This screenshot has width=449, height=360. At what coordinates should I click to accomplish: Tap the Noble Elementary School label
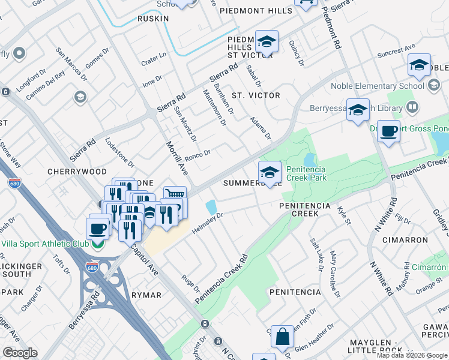tap(378, 86)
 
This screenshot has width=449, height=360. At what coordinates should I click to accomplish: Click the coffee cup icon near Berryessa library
tap(389, 131)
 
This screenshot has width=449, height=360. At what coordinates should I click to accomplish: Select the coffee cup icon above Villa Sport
tap(98, 229)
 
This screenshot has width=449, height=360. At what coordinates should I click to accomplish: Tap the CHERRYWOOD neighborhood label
tap(77, 171)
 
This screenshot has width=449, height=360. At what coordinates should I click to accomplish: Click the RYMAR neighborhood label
tap(146, 295)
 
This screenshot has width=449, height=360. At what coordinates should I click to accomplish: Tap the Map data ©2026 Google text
tap(412, 355)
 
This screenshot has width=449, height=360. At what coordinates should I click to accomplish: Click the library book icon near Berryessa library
tap(412, 107)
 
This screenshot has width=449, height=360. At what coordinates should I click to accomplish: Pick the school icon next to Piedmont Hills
tap(267, 41)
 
